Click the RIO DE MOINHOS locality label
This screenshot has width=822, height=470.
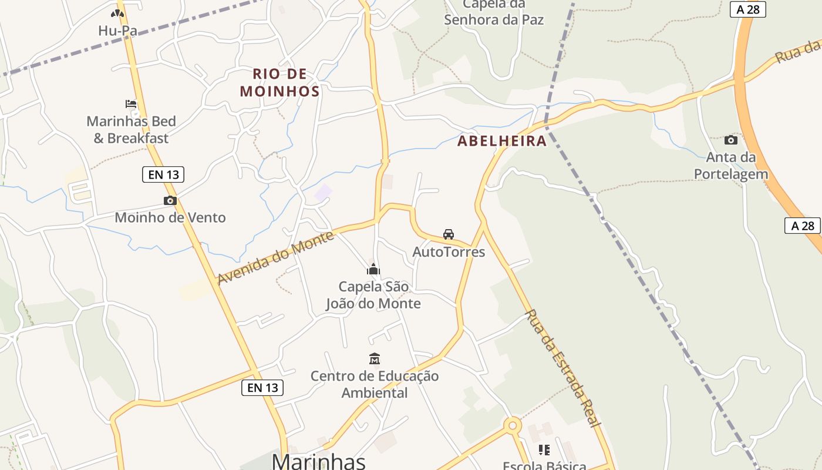click(280, 82)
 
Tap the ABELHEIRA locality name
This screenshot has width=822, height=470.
click(502, 141)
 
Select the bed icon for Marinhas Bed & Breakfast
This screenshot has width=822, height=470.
click(131, 104)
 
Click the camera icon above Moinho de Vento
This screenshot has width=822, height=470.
click(170, 201)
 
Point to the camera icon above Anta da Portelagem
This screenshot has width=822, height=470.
click(730, 140)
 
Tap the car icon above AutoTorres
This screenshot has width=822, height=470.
click(449, 234)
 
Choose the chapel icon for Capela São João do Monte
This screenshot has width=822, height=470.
click(373, 269)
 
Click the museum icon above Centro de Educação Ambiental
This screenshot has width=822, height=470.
click(375, 358)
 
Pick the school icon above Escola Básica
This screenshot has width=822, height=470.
click(544, 450)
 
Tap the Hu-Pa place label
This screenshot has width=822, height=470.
click(117, 31)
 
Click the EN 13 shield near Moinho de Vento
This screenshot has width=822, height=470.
click(163, 174)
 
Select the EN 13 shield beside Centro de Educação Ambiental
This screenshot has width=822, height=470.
click(262, 387)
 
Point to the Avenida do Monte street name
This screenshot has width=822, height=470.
click(276, 257)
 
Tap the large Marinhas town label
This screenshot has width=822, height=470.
click(319, 461)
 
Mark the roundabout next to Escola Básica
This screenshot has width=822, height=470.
click(513, 425)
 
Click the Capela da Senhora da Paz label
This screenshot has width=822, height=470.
click(494, 13)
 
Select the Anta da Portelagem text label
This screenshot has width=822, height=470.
click(731, 166)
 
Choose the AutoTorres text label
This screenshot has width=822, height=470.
click(449, 252)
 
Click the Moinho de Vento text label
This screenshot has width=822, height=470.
click(170, 217)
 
